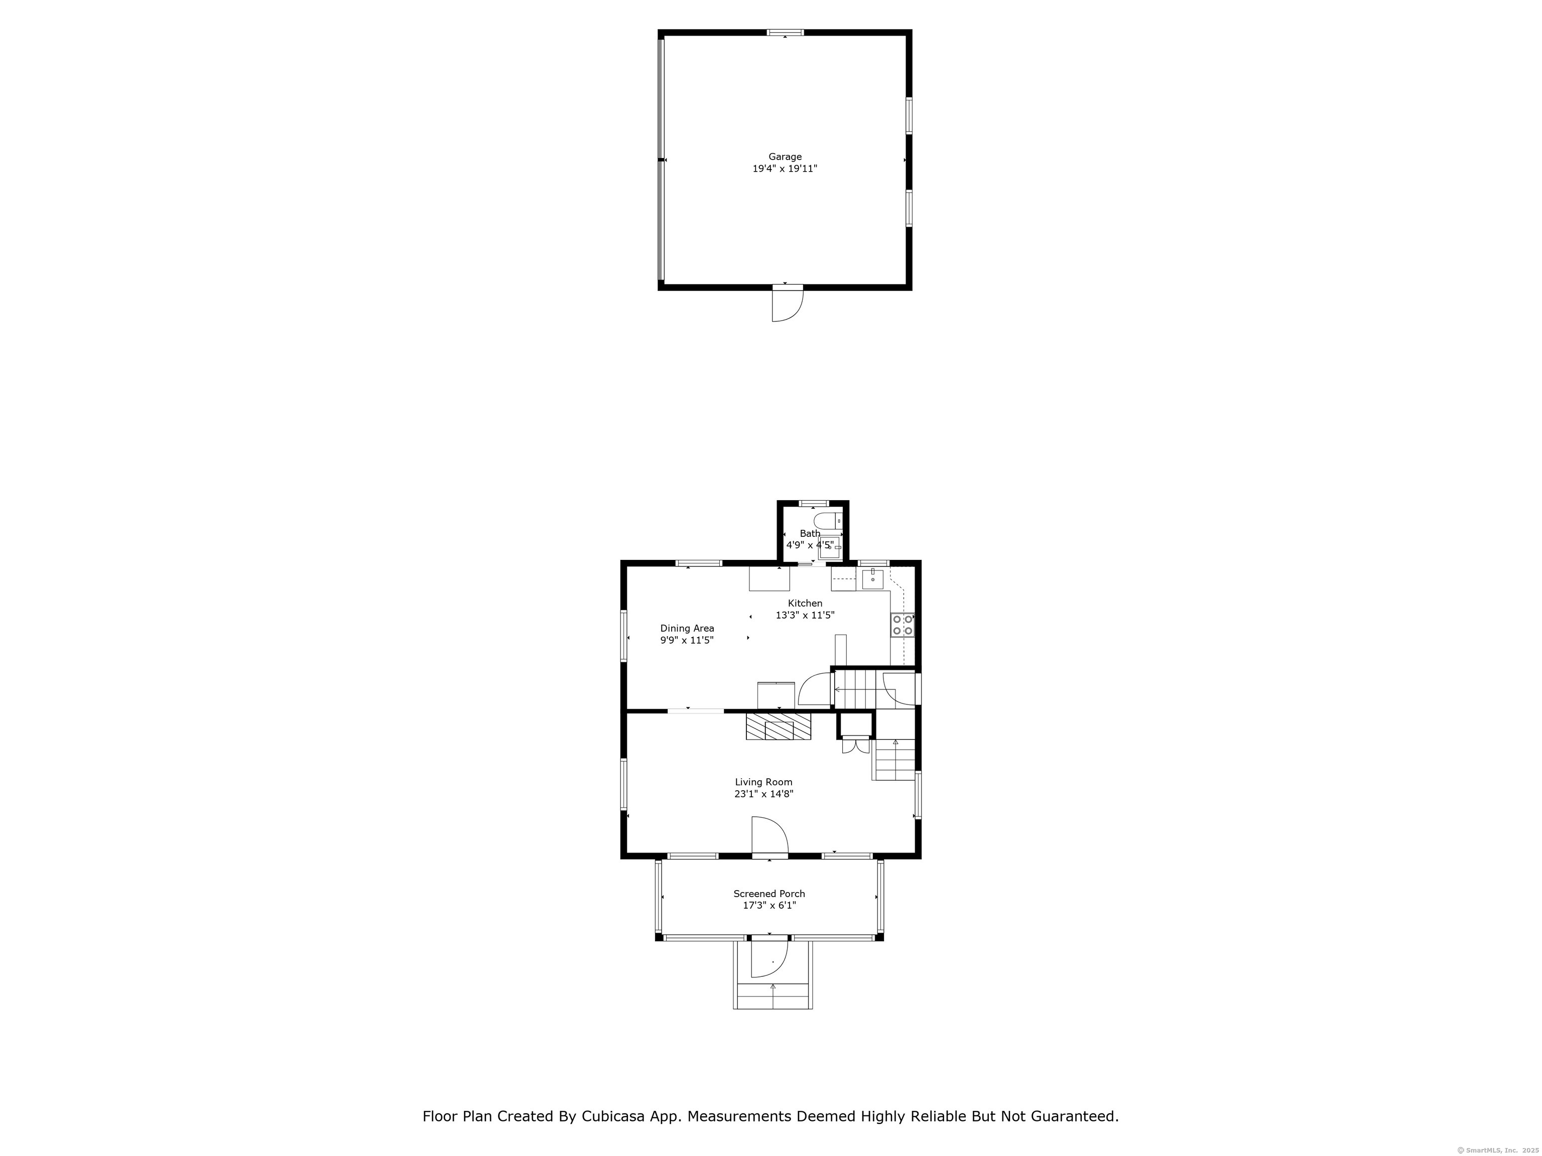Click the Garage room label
pos(785,157)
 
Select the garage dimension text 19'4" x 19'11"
pos(785,169)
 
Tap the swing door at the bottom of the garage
pos(787,305)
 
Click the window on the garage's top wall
pos(786,32)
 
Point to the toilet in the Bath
pos(828,520)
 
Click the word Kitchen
pos(805,604)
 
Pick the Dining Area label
pos(687,629)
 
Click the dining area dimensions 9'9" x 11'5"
pos(687,640)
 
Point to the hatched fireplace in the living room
pos(779,726)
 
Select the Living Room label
pos(763,782)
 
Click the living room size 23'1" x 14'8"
pos(763,794)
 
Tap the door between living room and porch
pos(769,836)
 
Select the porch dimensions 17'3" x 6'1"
pos(769,905)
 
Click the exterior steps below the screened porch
pos(773,996)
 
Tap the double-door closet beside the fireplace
pos(855,746)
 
